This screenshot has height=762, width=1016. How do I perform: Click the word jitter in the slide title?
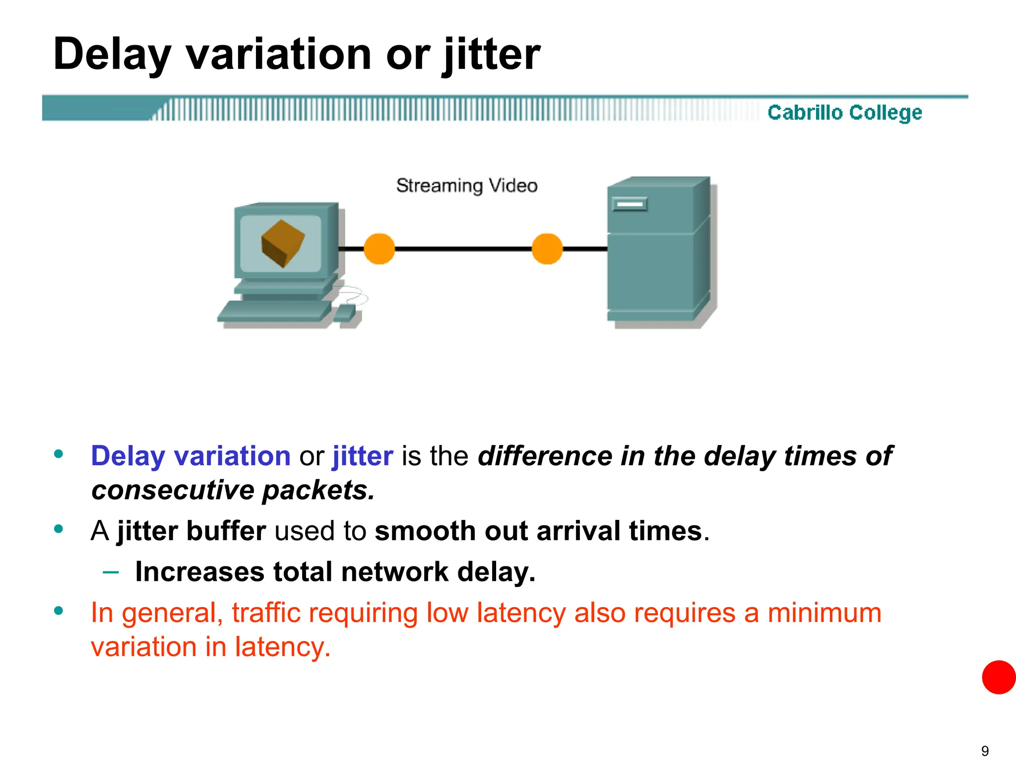point(491,55)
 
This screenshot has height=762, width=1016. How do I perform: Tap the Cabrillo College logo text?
point(844,113)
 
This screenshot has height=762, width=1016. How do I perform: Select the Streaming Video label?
point(466,186)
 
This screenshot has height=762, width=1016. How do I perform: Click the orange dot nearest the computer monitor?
point(379,249)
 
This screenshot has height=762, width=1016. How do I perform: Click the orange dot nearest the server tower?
point(547,249)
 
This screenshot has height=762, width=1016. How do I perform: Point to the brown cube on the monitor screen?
point(283,243)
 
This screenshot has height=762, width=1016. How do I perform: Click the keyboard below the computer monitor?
point(274,312)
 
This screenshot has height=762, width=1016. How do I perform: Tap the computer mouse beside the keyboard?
point(345,314)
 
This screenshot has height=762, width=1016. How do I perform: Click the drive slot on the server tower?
point(630,204)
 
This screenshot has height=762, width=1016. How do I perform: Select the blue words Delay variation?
point(190,456)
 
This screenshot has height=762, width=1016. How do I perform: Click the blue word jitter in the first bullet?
point(363,456)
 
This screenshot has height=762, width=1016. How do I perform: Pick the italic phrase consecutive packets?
point(233,490)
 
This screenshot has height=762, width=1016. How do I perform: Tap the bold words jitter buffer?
point(191,531)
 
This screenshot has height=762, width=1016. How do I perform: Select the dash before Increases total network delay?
point(110,572)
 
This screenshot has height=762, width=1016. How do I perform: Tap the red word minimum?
point(824,613)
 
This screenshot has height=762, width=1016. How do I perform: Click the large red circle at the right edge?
point(999,677)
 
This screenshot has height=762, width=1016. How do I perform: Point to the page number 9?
point(985,751)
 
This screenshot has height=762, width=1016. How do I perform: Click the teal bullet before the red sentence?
point(59,611)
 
